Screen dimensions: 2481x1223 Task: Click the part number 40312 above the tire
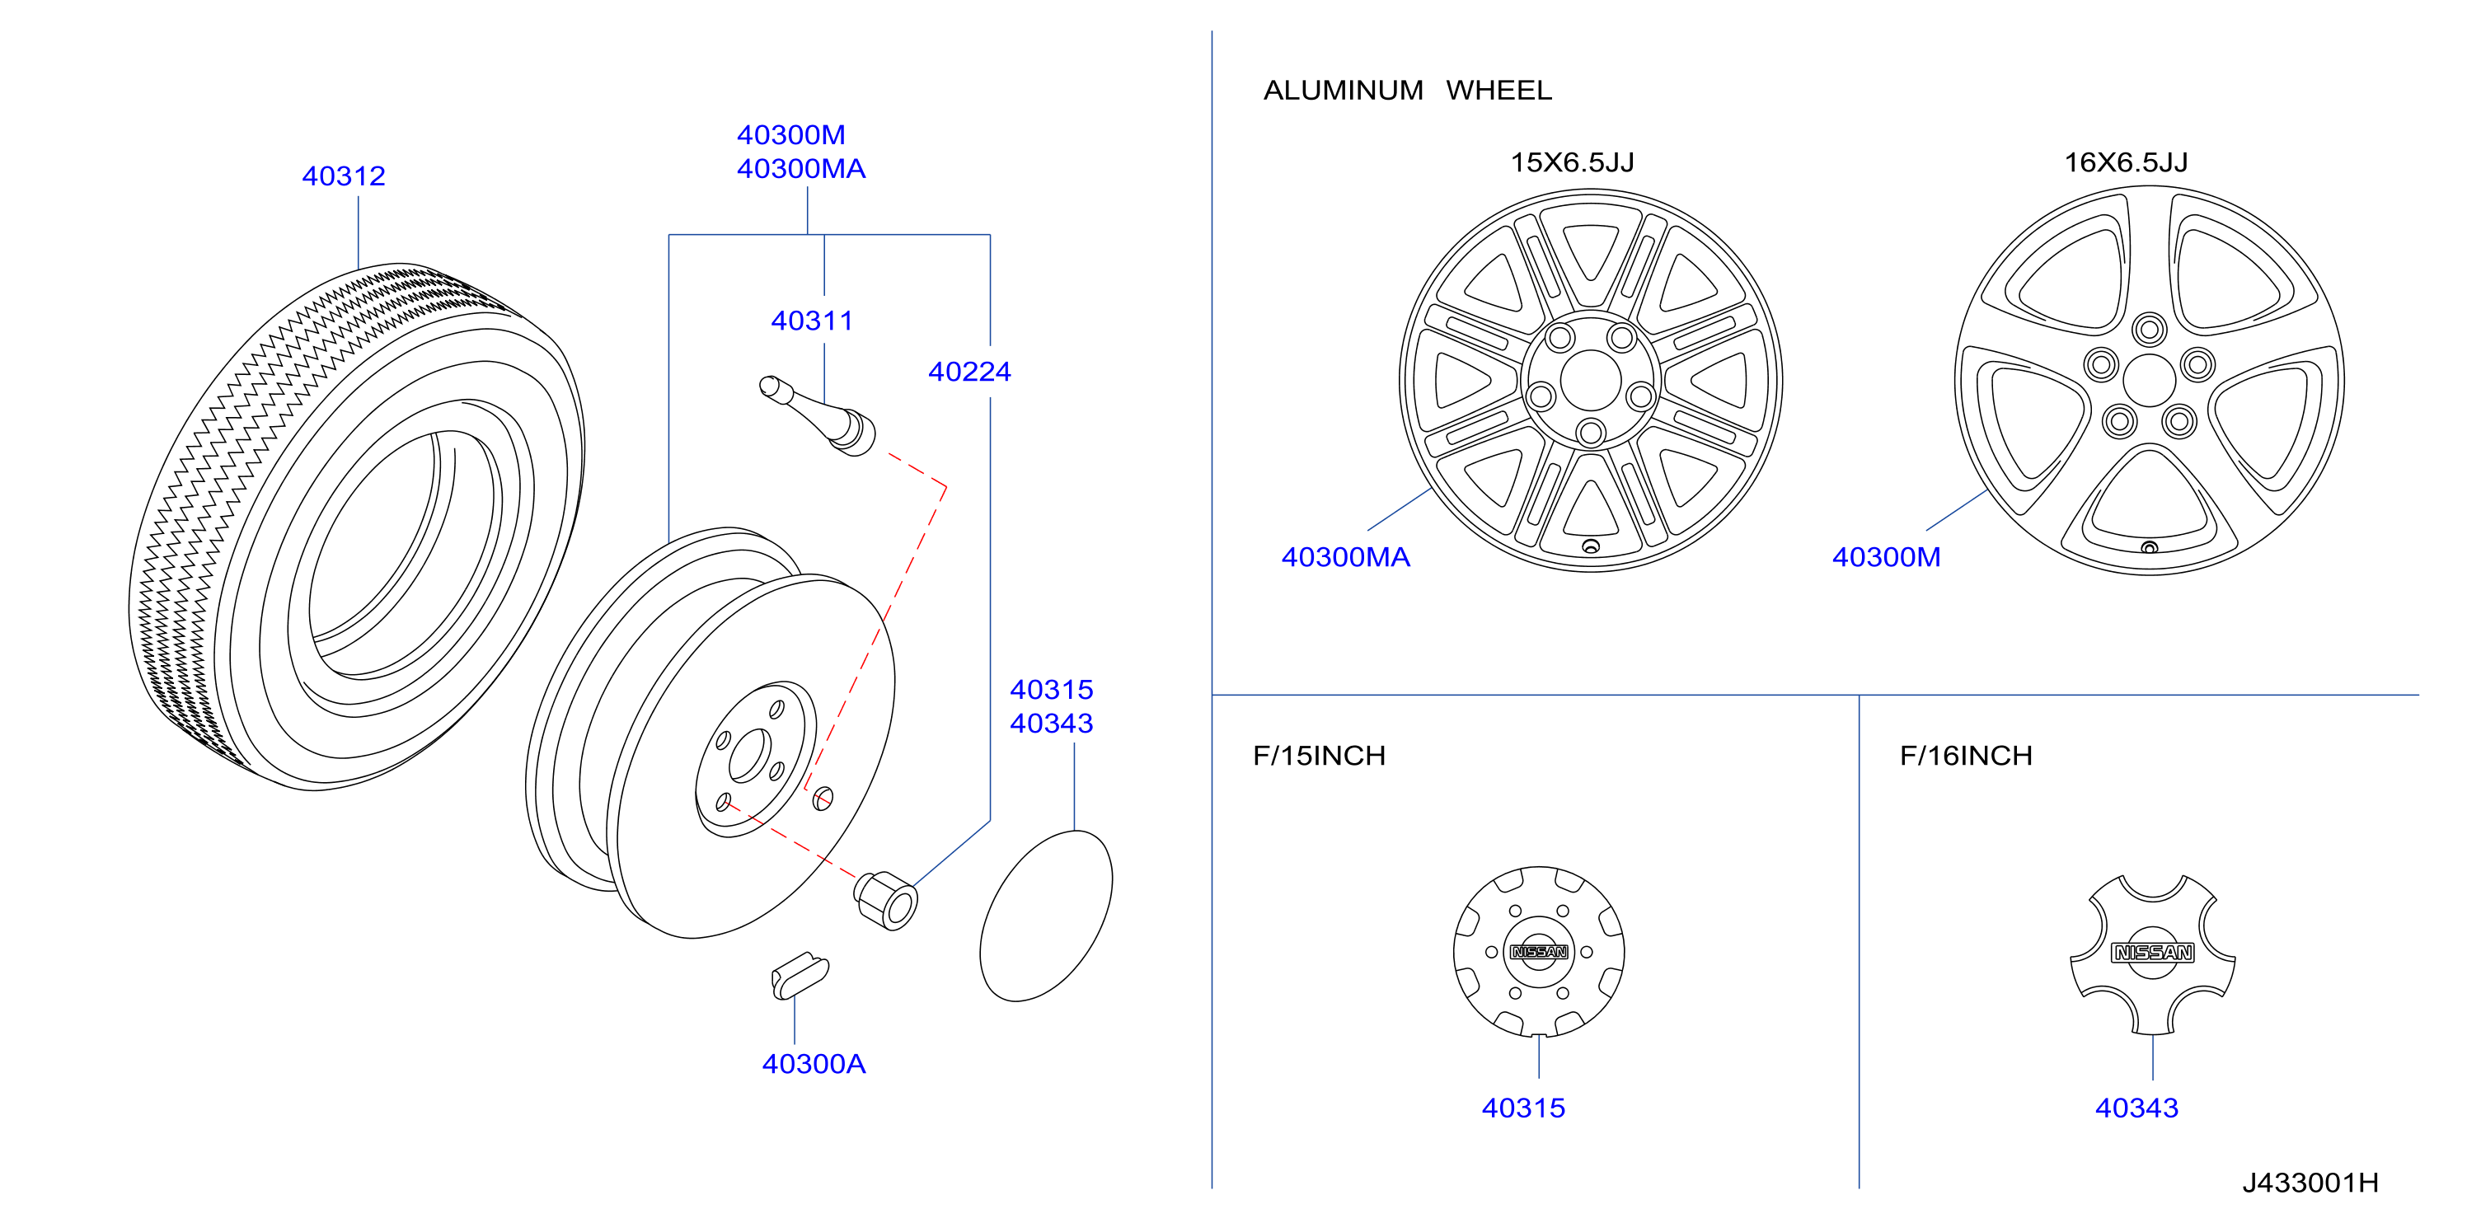point(343,176)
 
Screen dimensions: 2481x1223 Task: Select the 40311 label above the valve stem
point(812,321)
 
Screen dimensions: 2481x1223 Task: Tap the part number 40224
point(968,372)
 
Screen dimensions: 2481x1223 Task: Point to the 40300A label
point(814,1064)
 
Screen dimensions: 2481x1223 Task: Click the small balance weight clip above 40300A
point(800,976)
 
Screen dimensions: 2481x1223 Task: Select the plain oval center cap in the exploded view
point(1046,916)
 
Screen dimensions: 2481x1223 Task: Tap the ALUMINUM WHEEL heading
point(1407,91)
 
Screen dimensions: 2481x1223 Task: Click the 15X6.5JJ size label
point(1572,162)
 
